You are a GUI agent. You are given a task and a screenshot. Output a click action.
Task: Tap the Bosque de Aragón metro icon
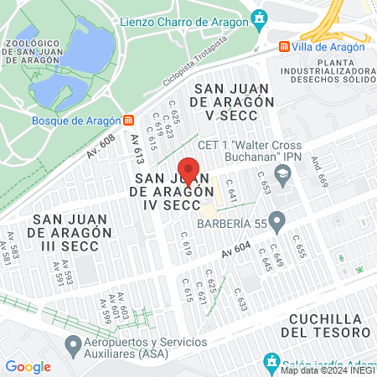pyautogui.click(x=128, y=119)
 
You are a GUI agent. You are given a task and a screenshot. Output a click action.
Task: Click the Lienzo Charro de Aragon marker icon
pyautogui.click(x=260, y=18)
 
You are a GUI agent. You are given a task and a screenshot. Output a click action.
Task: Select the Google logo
pyautogui.click(x=28, y=367)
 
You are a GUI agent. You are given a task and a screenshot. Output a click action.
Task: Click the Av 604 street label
pyautogui.click(x=236, y=249)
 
